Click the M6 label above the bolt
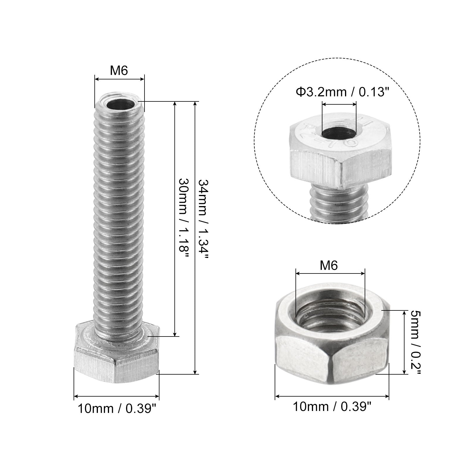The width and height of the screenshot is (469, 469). point(119,71)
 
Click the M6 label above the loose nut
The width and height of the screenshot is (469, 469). point(329,266)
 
